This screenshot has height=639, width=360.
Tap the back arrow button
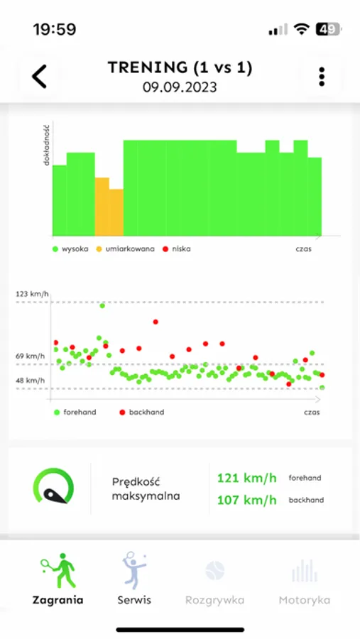40,76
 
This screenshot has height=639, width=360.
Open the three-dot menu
322,77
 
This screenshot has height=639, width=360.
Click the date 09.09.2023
180,88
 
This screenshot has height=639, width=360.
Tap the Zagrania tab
58,579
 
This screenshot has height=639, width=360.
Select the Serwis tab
134,579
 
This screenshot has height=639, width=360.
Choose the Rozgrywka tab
214,579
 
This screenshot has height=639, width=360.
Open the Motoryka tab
303,579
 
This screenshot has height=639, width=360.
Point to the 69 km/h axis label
31,356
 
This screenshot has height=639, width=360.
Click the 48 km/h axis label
31,381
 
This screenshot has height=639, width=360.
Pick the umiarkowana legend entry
124,249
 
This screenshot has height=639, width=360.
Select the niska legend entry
177,249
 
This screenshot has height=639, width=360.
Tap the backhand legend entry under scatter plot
142,412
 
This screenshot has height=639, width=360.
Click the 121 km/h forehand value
247,478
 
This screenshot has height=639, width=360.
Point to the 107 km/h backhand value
247,500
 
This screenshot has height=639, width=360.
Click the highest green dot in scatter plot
102,305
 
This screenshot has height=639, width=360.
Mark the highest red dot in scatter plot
156,322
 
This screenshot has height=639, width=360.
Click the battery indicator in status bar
329,29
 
